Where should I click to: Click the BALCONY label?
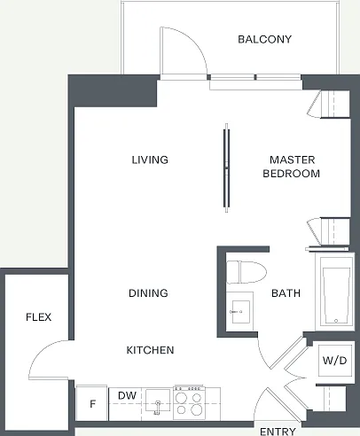(x=264, y=39)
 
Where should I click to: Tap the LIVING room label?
(x=150, y=160)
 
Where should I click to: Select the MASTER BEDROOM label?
(x=292, y=167)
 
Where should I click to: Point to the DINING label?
(x=148, y=293)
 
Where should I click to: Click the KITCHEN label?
(x=150, y=350)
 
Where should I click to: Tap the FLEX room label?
(x=39, y=317)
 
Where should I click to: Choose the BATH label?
(x=286, y=293)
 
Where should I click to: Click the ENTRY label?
(x=278, y=431)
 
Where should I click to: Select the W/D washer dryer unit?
(x=334, y=360)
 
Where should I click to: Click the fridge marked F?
(x=92, y=403)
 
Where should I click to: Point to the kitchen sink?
(x=158, y=401)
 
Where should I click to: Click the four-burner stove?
(x=189, y=402)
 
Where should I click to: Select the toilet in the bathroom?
(x=246, y=272)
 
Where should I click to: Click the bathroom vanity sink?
(x=240, y=311)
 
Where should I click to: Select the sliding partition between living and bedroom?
(x=226, y=167)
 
